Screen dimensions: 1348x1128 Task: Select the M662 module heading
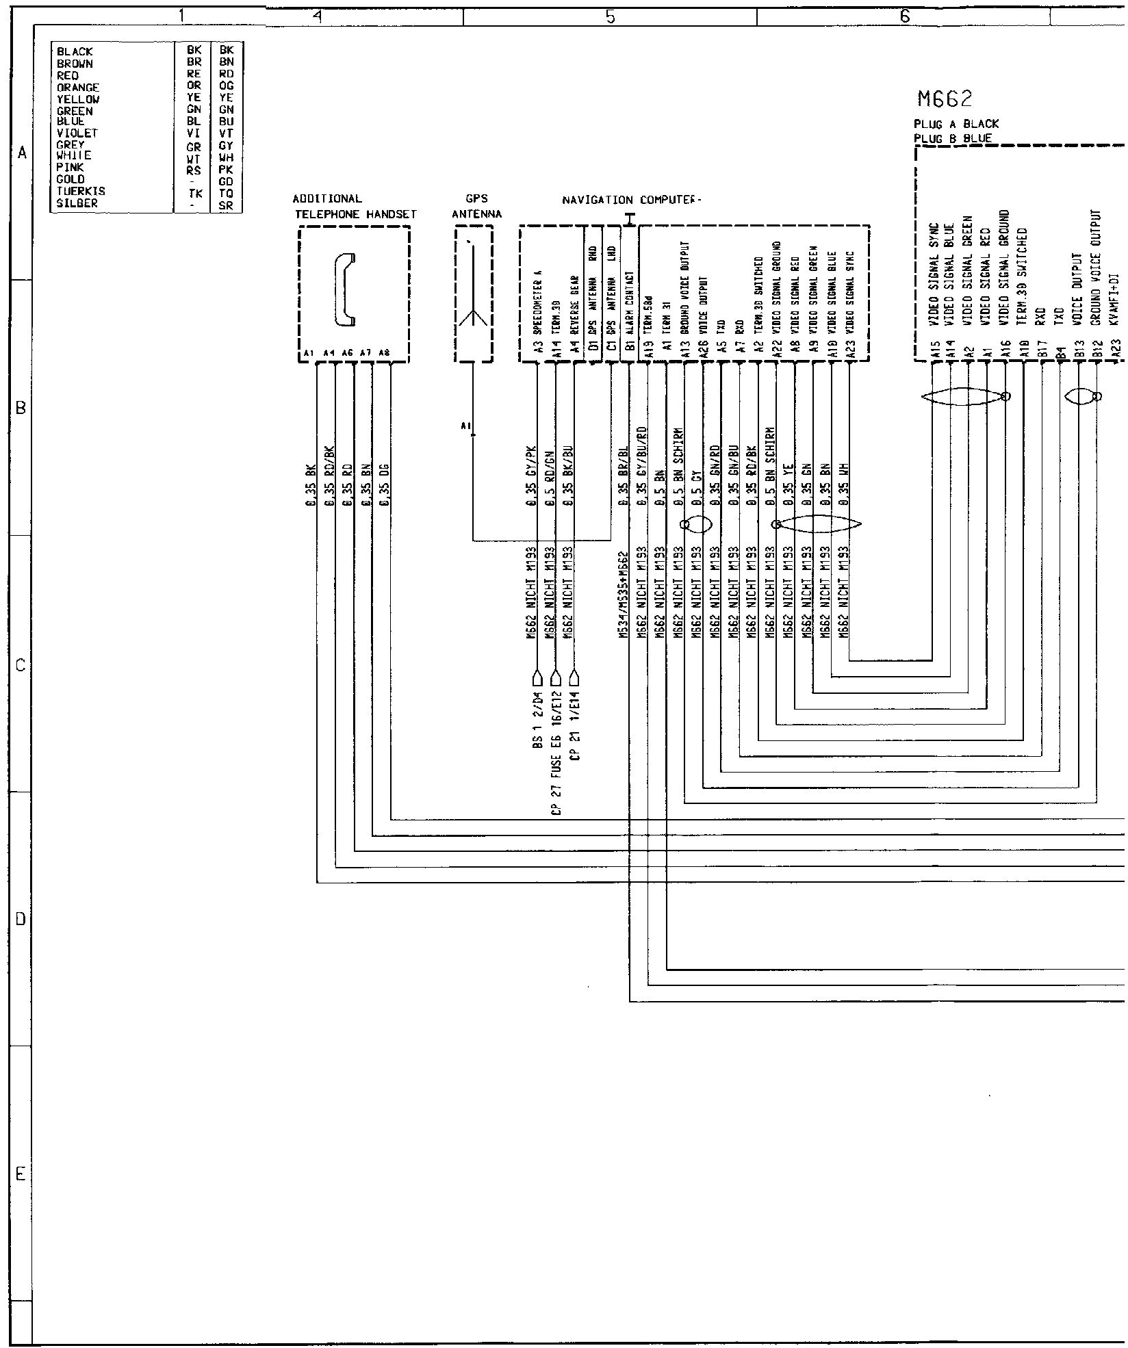coord(945,100)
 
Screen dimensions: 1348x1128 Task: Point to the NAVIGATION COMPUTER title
coord(632,200)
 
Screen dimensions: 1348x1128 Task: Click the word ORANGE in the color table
coord(78,88)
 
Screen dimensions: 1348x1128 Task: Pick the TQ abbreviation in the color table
coord(227,193)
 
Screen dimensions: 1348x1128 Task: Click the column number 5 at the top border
coord(611,18)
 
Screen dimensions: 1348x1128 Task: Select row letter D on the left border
coord(21,919)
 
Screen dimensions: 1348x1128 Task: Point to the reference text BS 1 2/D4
coord(537,722)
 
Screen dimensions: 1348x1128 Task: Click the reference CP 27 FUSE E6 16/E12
coord(556,749)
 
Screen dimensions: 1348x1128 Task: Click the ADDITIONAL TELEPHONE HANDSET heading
coord(355,207)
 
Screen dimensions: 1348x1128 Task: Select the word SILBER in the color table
coord(77,203)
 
